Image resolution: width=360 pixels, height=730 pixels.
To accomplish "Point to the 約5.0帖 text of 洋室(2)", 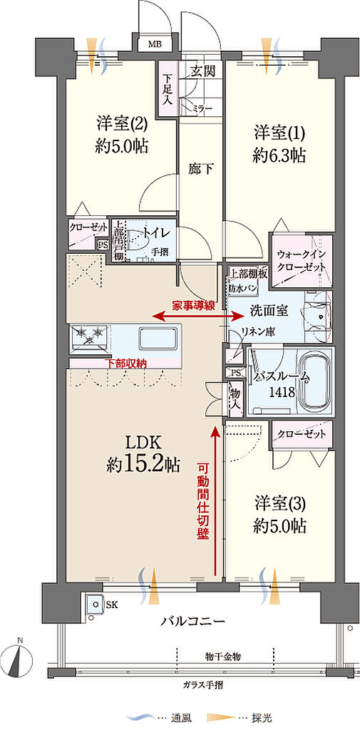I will click(122, 146).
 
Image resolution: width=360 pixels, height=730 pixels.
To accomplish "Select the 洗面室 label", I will click(248, 310).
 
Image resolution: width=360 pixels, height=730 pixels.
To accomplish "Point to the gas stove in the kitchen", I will click(90, 337).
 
